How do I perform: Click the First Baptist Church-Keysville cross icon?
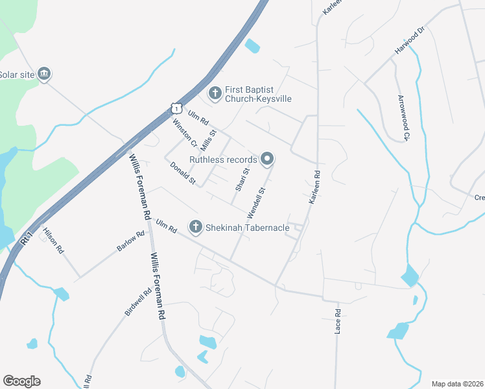point(214,94)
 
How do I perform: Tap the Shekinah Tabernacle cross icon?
point(195,226)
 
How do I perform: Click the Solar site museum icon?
point(44,75)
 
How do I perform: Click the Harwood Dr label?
point(410,41)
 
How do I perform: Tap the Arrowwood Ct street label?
point(403,117)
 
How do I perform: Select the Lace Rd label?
point(338,321)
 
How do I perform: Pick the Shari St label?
point(241,180)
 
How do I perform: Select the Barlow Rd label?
point(131,242)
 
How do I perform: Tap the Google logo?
point(21,381)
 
